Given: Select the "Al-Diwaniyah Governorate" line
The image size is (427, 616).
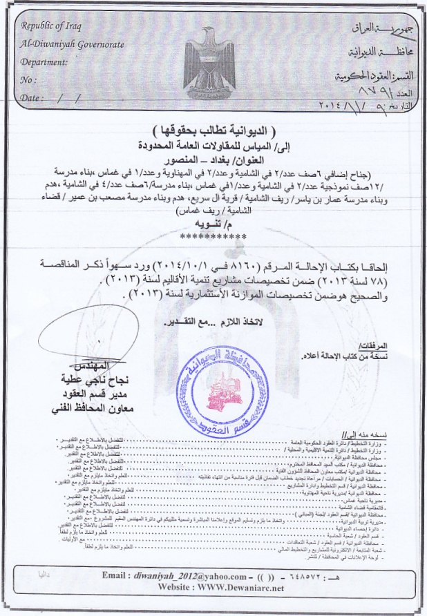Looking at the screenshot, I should pos(73,44).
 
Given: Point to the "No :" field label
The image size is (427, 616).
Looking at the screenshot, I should pos(28,80).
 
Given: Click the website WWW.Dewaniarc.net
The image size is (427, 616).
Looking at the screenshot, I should pos(238,588).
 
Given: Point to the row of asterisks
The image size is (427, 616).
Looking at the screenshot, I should pos(213,236).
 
